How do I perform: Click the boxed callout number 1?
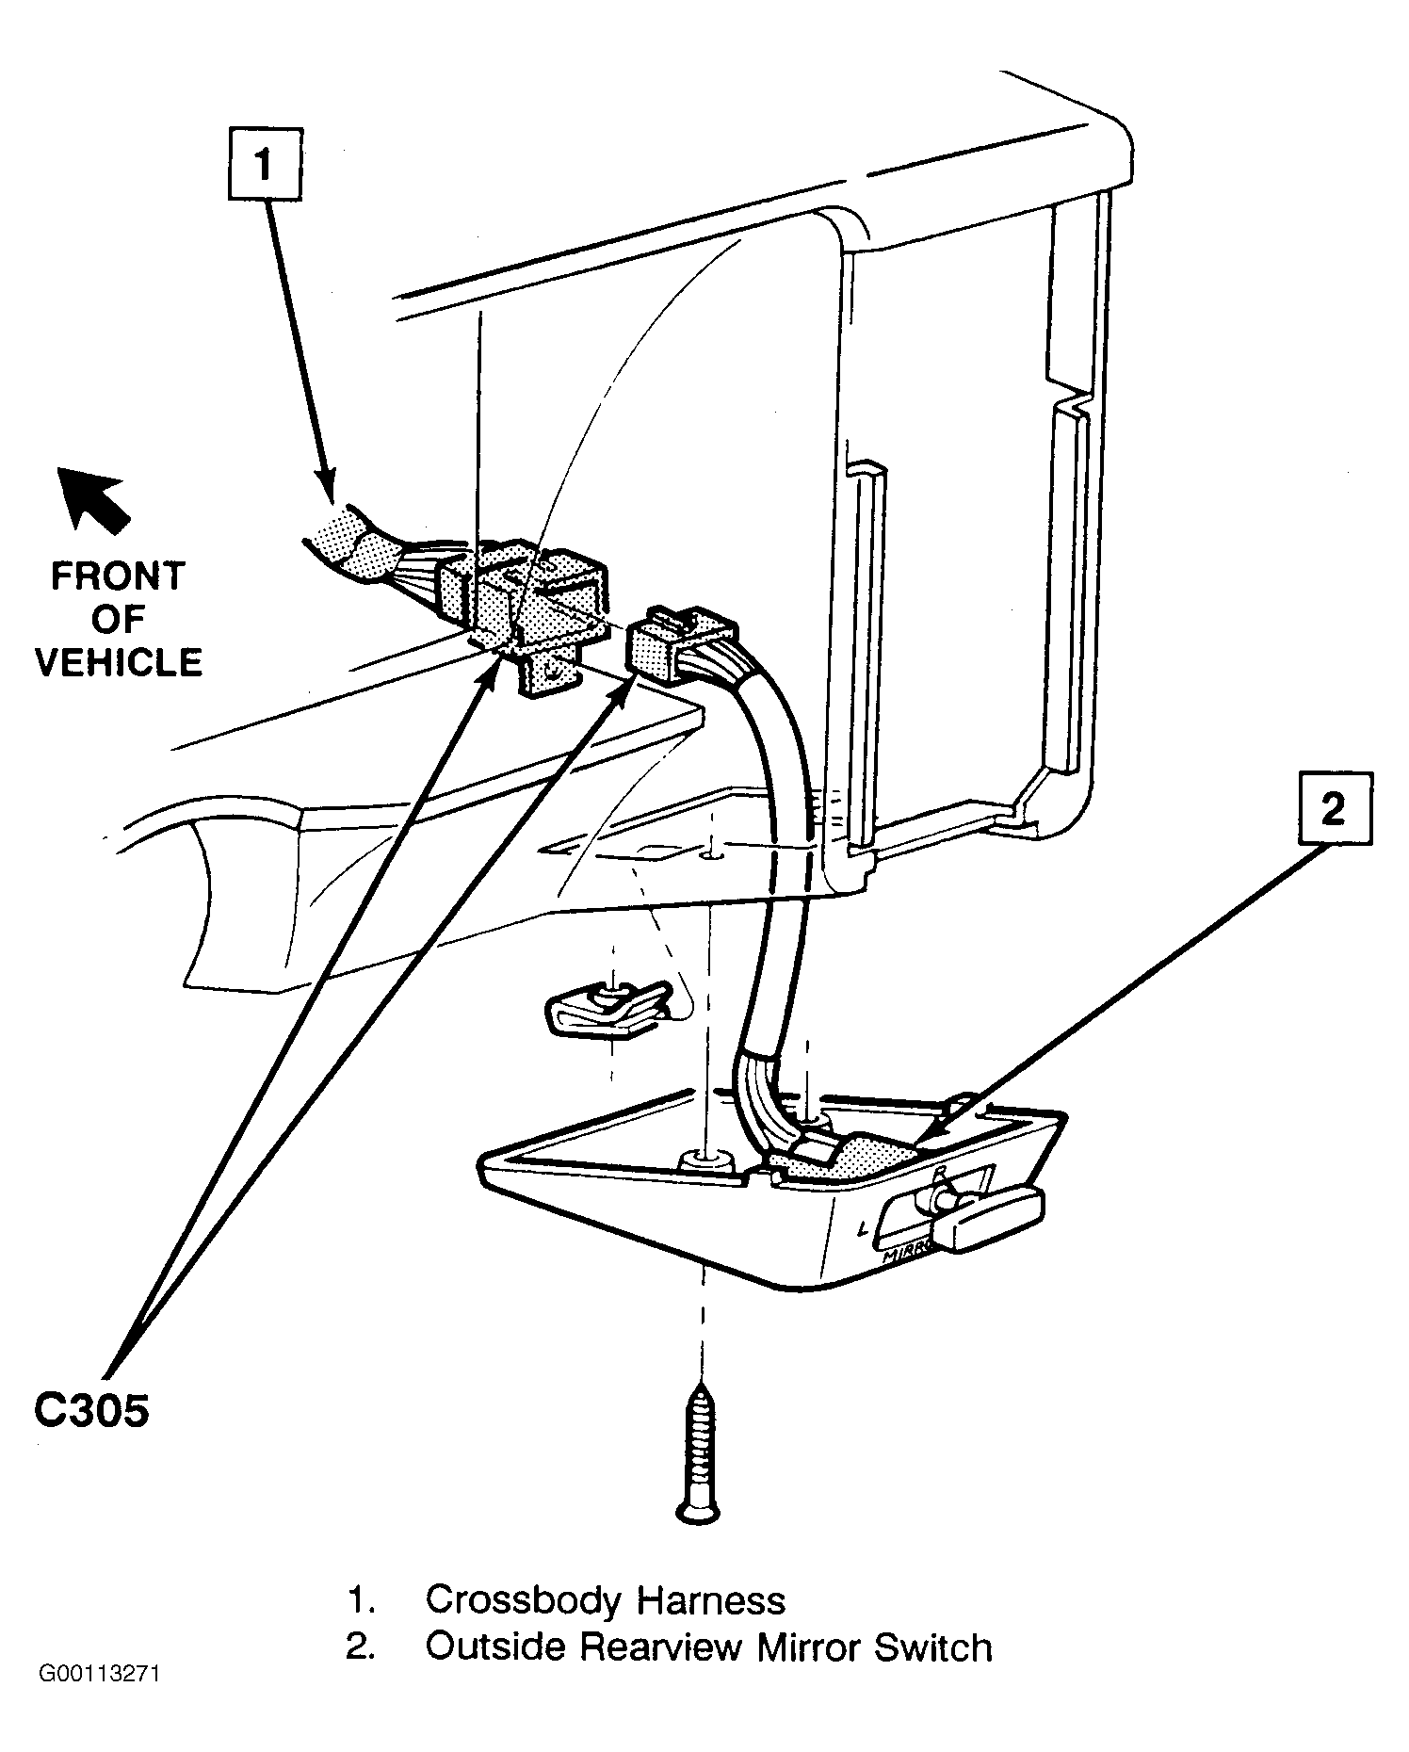pos(265,165)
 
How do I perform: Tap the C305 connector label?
pos(91,1412)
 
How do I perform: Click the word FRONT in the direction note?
pos(118,576)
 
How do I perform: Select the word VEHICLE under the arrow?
pos(119,662)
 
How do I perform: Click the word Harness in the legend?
pos(710,1599)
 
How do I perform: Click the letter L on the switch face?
pos(865,1227)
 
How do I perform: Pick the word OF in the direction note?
pos(118,619)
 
